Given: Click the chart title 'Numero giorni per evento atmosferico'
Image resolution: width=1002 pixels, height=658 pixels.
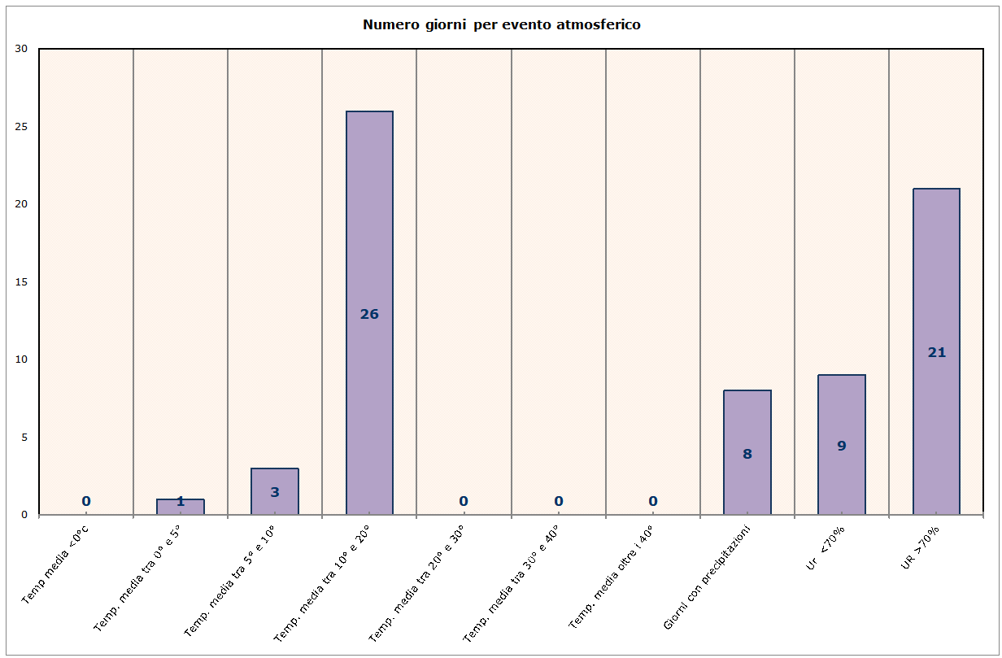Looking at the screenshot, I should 501,24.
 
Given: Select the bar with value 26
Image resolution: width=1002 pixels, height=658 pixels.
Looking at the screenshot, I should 369,244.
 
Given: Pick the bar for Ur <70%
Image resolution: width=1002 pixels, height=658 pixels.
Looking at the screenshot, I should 841,407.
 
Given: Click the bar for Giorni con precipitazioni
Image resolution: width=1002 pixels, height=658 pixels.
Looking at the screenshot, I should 747,423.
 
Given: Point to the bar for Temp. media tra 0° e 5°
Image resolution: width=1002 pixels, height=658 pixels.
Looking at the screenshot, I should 180,507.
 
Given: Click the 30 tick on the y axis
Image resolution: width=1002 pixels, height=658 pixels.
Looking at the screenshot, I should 22,49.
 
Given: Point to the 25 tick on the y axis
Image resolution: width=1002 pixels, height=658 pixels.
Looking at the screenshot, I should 22,127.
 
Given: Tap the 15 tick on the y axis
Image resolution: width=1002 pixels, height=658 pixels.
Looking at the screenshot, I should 22,282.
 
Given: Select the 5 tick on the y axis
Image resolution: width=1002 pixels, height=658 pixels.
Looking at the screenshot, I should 24,438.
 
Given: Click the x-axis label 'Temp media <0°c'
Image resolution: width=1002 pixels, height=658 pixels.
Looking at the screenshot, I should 55,564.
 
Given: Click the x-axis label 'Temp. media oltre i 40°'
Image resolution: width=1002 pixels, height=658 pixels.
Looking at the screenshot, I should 610,577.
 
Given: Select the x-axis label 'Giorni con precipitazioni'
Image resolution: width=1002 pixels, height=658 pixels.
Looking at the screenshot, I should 706,577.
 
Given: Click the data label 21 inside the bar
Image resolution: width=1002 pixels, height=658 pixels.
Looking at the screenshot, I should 936,352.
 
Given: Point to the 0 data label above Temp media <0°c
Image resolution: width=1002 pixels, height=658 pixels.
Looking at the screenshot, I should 85,501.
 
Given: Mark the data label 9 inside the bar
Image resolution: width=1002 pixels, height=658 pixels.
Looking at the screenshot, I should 841,446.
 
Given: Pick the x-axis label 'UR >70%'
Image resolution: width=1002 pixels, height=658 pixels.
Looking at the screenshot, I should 921,547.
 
